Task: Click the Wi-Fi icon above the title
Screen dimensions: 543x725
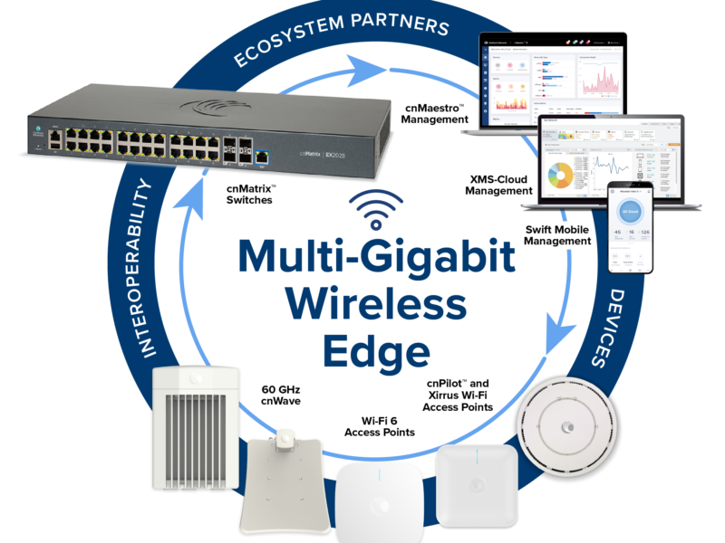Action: pyautogui.click(x=378, y=212)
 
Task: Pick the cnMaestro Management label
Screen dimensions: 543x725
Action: pyautogui.click(x=433, y=112)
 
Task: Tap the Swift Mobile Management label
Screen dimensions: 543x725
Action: pyautogui.click(x=558, y=235)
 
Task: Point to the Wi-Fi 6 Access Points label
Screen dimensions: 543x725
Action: pyautogui.click(x=380, y=426)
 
